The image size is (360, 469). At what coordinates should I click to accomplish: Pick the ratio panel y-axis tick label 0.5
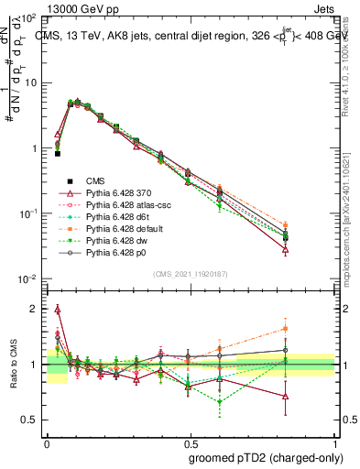pos(32,420)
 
